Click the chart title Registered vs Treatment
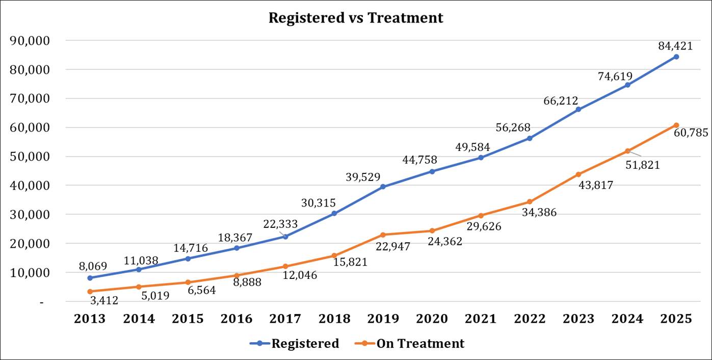[356, 18]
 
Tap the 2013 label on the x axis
[90, 319]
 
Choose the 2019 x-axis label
[383, 319]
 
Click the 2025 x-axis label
[676, 319]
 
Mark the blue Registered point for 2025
[676, 57]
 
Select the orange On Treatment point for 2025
[676, 125]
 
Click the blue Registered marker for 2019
[383, 187]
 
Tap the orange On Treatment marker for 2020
[432, 230]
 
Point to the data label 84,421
[676, 46]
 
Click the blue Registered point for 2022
[530, 138]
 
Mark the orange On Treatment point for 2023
[578, 174]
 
